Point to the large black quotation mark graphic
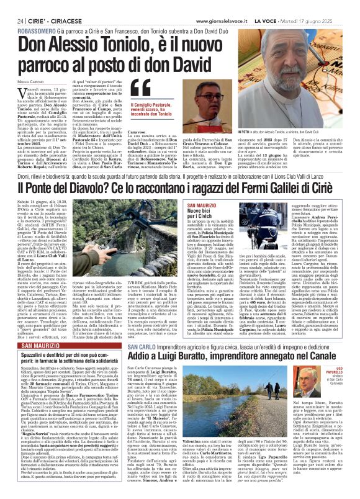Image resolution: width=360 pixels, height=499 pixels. tap(141, 92)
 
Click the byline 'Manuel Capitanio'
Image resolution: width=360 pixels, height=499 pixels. tap(27, 81)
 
